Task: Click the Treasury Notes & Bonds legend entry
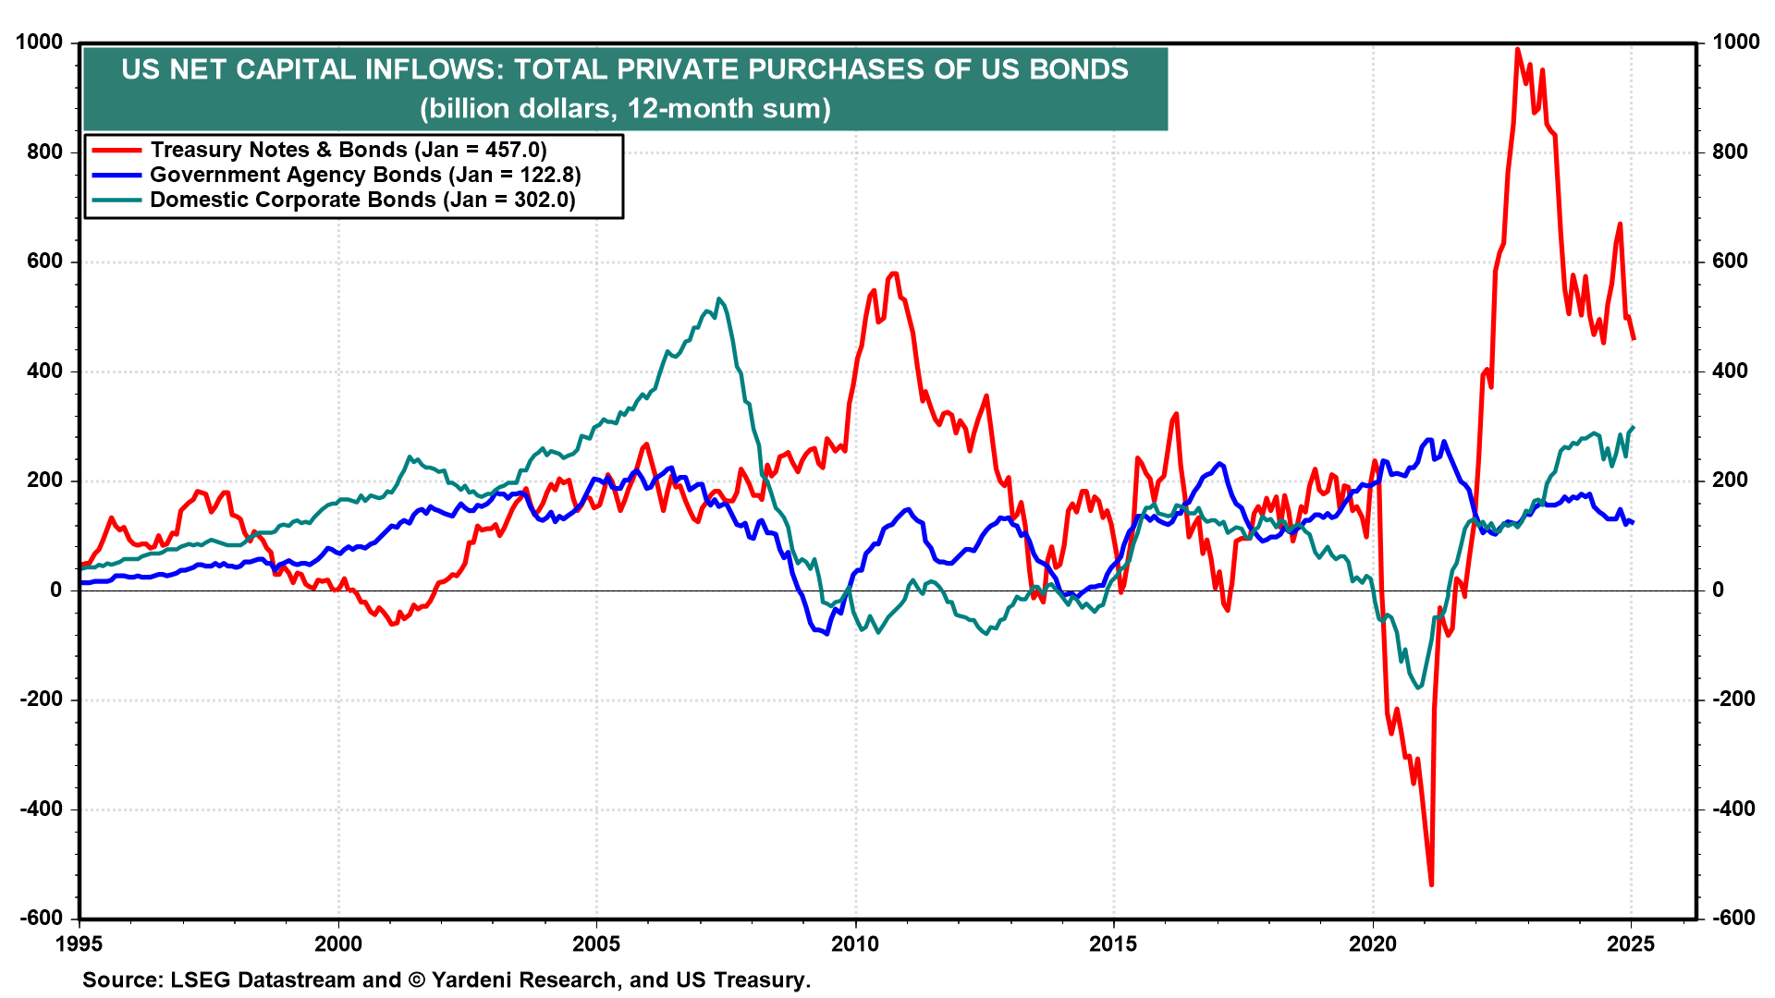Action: tap(349, 150)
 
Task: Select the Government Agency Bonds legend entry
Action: tap(365, 175)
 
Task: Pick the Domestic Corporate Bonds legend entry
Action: tap(362, 200)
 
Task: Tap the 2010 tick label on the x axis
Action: tap(855, 943)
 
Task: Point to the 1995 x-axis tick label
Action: tap(80, 943)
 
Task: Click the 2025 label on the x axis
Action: tap(1631, 943)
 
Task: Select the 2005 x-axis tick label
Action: tap(596, 943)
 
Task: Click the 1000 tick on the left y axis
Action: tap(39, 43)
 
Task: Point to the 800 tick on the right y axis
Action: tap(1731, 152)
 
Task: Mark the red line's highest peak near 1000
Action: tap(1517, 49)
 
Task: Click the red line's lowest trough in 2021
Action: tap(1431, 884)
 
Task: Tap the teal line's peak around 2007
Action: tap(719, 298)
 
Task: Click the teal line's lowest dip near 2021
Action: tap(1419, 688)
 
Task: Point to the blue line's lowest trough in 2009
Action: tap(826, 634)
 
